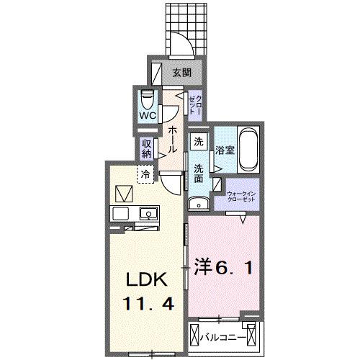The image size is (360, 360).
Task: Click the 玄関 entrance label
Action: (181, 72)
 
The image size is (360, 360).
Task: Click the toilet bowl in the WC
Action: (148, 97)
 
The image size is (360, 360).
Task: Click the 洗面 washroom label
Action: (199, 174)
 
